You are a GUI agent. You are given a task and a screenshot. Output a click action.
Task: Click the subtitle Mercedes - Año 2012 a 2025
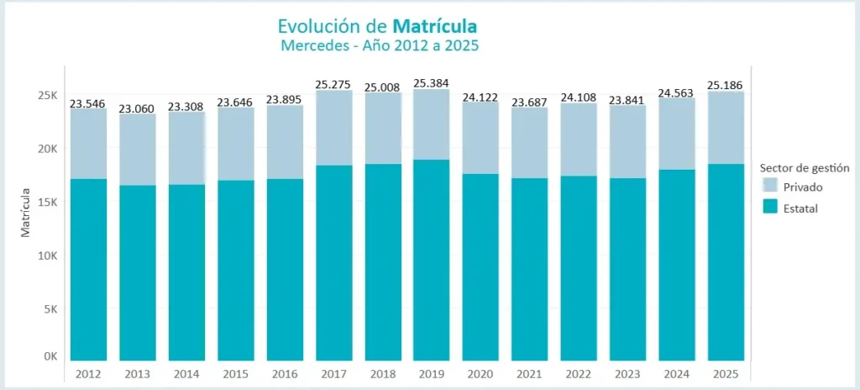379,45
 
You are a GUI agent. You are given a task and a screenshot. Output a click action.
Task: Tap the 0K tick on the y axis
50,356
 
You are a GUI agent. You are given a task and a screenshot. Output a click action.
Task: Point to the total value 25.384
432,83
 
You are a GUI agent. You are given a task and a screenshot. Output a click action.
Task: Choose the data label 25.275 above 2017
333,84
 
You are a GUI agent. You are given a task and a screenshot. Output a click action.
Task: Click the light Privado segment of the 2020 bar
480,138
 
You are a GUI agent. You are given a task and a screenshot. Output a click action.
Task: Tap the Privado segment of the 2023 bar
627,141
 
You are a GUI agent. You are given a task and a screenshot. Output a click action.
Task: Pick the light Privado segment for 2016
285,141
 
